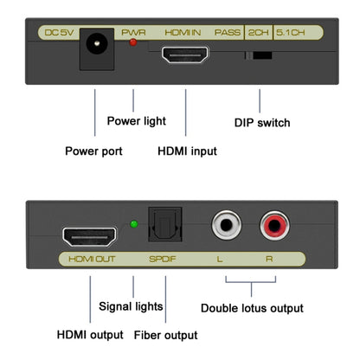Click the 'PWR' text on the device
pos(134,33)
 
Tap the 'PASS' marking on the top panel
pos(228,33)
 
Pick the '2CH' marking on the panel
pos(258,33)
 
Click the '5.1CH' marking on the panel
pos(292,33)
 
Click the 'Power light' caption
pos(136,121)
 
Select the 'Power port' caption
pos(93,151)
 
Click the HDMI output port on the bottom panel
pos(89,235)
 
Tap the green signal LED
pos(133,226)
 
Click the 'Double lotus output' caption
pos(252,308)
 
